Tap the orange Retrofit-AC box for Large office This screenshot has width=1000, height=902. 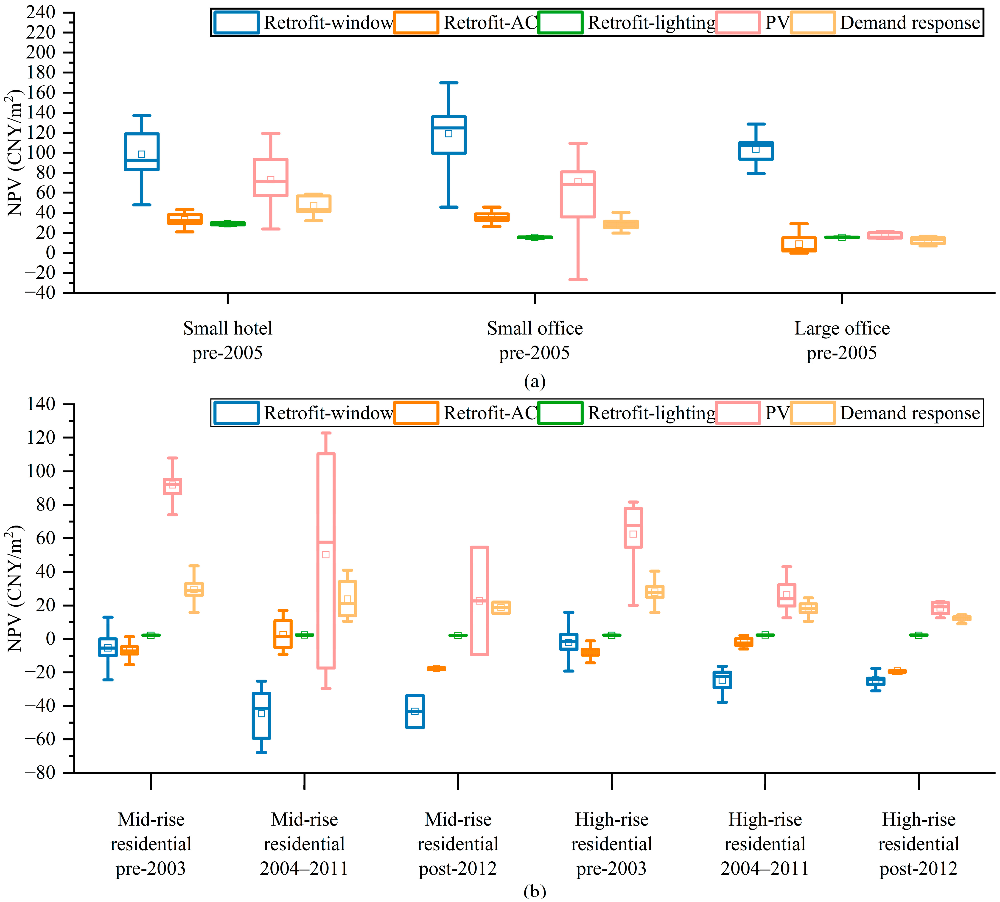(799, 244)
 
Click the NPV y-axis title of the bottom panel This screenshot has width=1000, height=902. (15, 588)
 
